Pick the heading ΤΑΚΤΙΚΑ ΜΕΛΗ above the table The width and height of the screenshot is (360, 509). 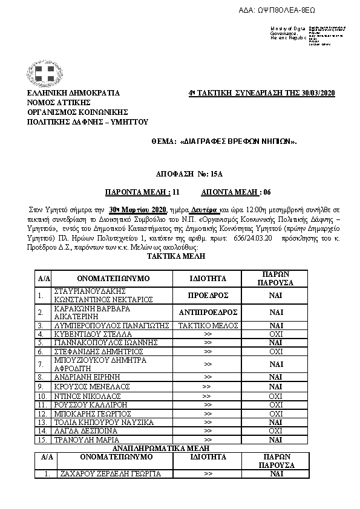coord(176,256)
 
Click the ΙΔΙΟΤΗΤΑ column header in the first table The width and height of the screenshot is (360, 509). coord(208,279)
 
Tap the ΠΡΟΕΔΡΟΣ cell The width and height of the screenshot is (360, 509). coord(208,296)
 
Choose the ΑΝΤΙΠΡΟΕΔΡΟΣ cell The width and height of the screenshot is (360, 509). coord(208,313)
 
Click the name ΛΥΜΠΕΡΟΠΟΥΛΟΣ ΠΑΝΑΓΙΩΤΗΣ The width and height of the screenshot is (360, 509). coord(110,325)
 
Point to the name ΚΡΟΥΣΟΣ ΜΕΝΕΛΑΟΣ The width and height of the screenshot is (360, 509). coord(88,386)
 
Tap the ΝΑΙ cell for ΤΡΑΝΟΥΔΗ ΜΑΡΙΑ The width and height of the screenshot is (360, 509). coord(276,439)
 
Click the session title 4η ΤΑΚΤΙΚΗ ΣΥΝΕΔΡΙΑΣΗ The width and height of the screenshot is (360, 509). coord(262,92)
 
